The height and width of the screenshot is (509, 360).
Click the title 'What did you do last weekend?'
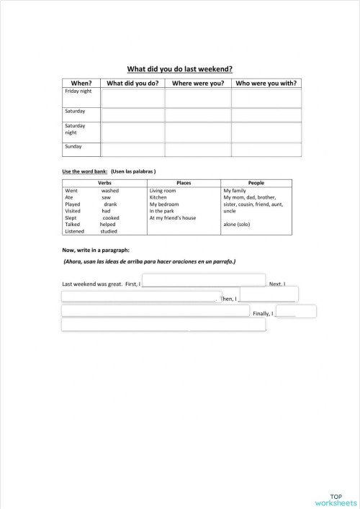pyautogui.click(x=179, y=69)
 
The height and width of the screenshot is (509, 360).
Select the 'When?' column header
pyautogui.click(x=81, y=84)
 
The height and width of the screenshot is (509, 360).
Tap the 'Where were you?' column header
pyautogui.click(x=198, y=84)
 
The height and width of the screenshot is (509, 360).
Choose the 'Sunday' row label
pyautogui.click(x=73, y=147)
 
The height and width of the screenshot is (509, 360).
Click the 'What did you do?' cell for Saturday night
pyautogui.click(x=133, y=132)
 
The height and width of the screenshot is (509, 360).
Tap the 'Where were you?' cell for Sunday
pyautogui.click(x=198, y=149)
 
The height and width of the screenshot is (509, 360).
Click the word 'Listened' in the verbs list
pyautogui.click(x=75, y=231)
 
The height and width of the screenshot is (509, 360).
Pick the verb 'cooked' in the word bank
pyautogui.click(x=111, y=217)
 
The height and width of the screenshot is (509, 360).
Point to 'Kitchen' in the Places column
pyautogui.click(x=158, y=197)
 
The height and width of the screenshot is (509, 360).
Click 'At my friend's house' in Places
pyautogui.click(x=173, y=217)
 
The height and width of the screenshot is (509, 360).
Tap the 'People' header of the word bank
pyautogui.click(x=256, y=184)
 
